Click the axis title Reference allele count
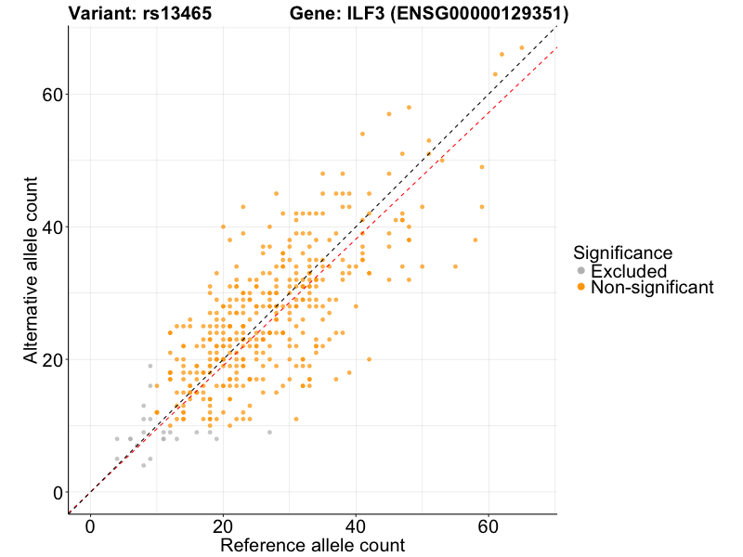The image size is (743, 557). click(312, 545)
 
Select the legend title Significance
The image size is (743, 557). click(622, 253)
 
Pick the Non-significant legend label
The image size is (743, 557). click(652, 288)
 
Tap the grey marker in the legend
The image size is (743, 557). click(581, 271)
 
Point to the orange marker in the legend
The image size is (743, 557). click(581, 288)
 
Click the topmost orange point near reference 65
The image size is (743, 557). click(522, 47)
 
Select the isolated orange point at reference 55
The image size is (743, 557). click(455, 266)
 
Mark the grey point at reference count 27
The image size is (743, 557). click(269, 433)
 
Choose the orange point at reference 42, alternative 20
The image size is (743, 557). click(369, 359)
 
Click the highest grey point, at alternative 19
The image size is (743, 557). click(150, 366)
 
